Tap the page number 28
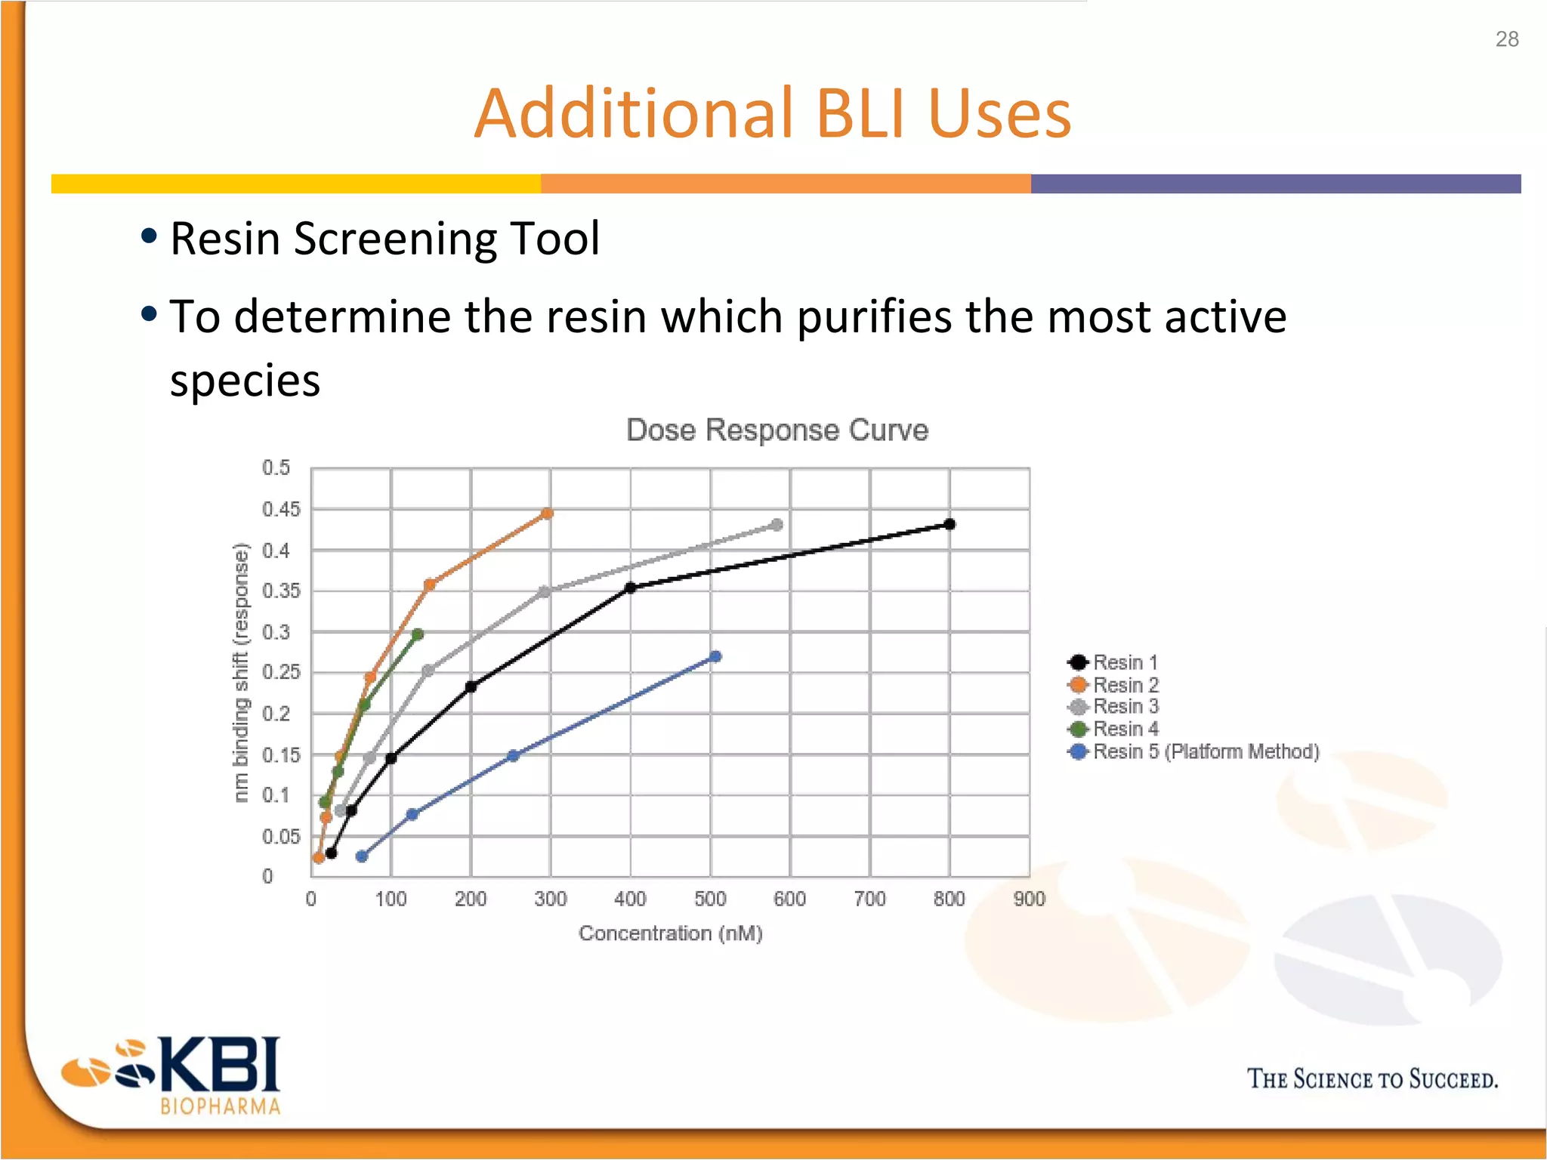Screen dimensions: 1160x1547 pos(1506,39)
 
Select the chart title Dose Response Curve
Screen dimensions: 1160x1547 pos(777,430)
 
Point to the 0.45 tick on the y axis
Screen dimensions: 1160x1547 pos(281,510)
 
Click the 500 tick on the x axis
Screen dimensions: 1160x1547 pos(710,899)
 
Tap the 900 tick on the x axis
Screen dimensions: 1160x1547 pos(1029,899)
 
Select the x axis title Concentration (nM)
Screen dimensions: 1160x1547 pos(671,933)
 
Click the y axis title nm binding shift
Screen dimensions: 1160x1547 pos(240,672)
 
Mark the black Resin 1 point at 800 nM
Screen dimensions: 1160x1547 pos(950,524)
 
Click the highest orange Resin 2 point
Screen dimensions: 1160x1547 pos(547,514)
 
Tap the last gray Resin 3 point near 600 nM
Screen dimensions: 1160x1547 pos(777,525)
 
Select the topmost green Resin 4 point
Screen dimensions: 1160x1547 pos(418,634)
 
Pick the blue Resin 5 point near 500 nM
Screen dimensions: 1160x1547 pos(715,657)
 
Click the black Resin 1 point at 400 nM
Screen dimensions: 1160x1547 pos(631,588)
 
